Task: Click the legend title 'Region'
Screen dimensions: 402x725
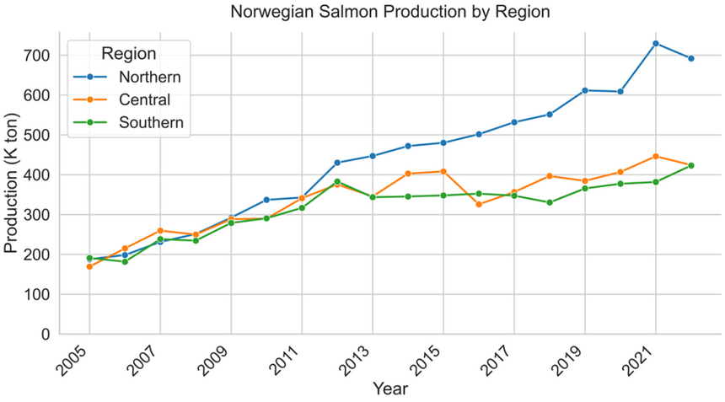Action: pyautogui.click(x=128, y=54)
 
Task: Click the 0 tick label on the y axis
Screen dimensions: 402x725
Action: pyautogui.click(x=44, y=335)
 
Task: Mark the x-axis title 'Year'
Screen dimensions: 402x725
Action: pyautogui.click(x=390, y=389)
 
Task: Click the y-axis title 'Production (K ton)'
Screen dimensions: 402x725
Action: pyautogui.click(x=12, y=184)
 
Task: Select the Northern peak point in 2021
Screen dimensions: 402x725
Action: pyautogui.click(x=656, y=43)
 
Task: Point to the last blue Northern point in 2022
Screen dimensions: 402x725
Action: pyautogui.click(x=691, y=58)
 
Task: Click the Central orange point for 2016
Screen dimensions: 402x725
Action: pyautogui.click(x=479, y=205)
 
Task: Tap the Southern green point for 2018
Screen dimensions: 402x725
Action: pyautogui.click(x=550, y=202)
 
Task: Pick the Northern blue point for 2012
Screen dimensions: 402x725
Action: pyautogui.click(x=337, y=163)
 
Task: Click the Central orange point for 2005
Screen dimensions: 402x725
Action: pyautogui.click(x=89, y=266)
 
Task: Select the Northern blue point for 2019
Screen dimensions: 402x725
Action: pyautogui.click(x=585, y=90)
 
